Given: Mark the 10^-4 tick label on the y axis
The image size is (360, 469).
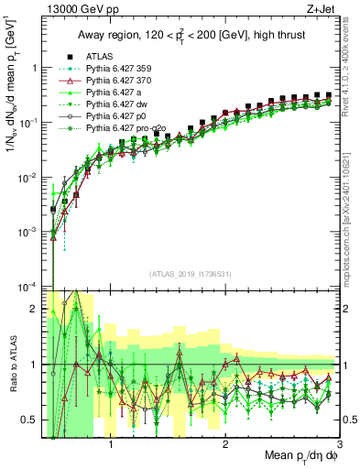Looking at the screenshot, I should click(x=27, y=287).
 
